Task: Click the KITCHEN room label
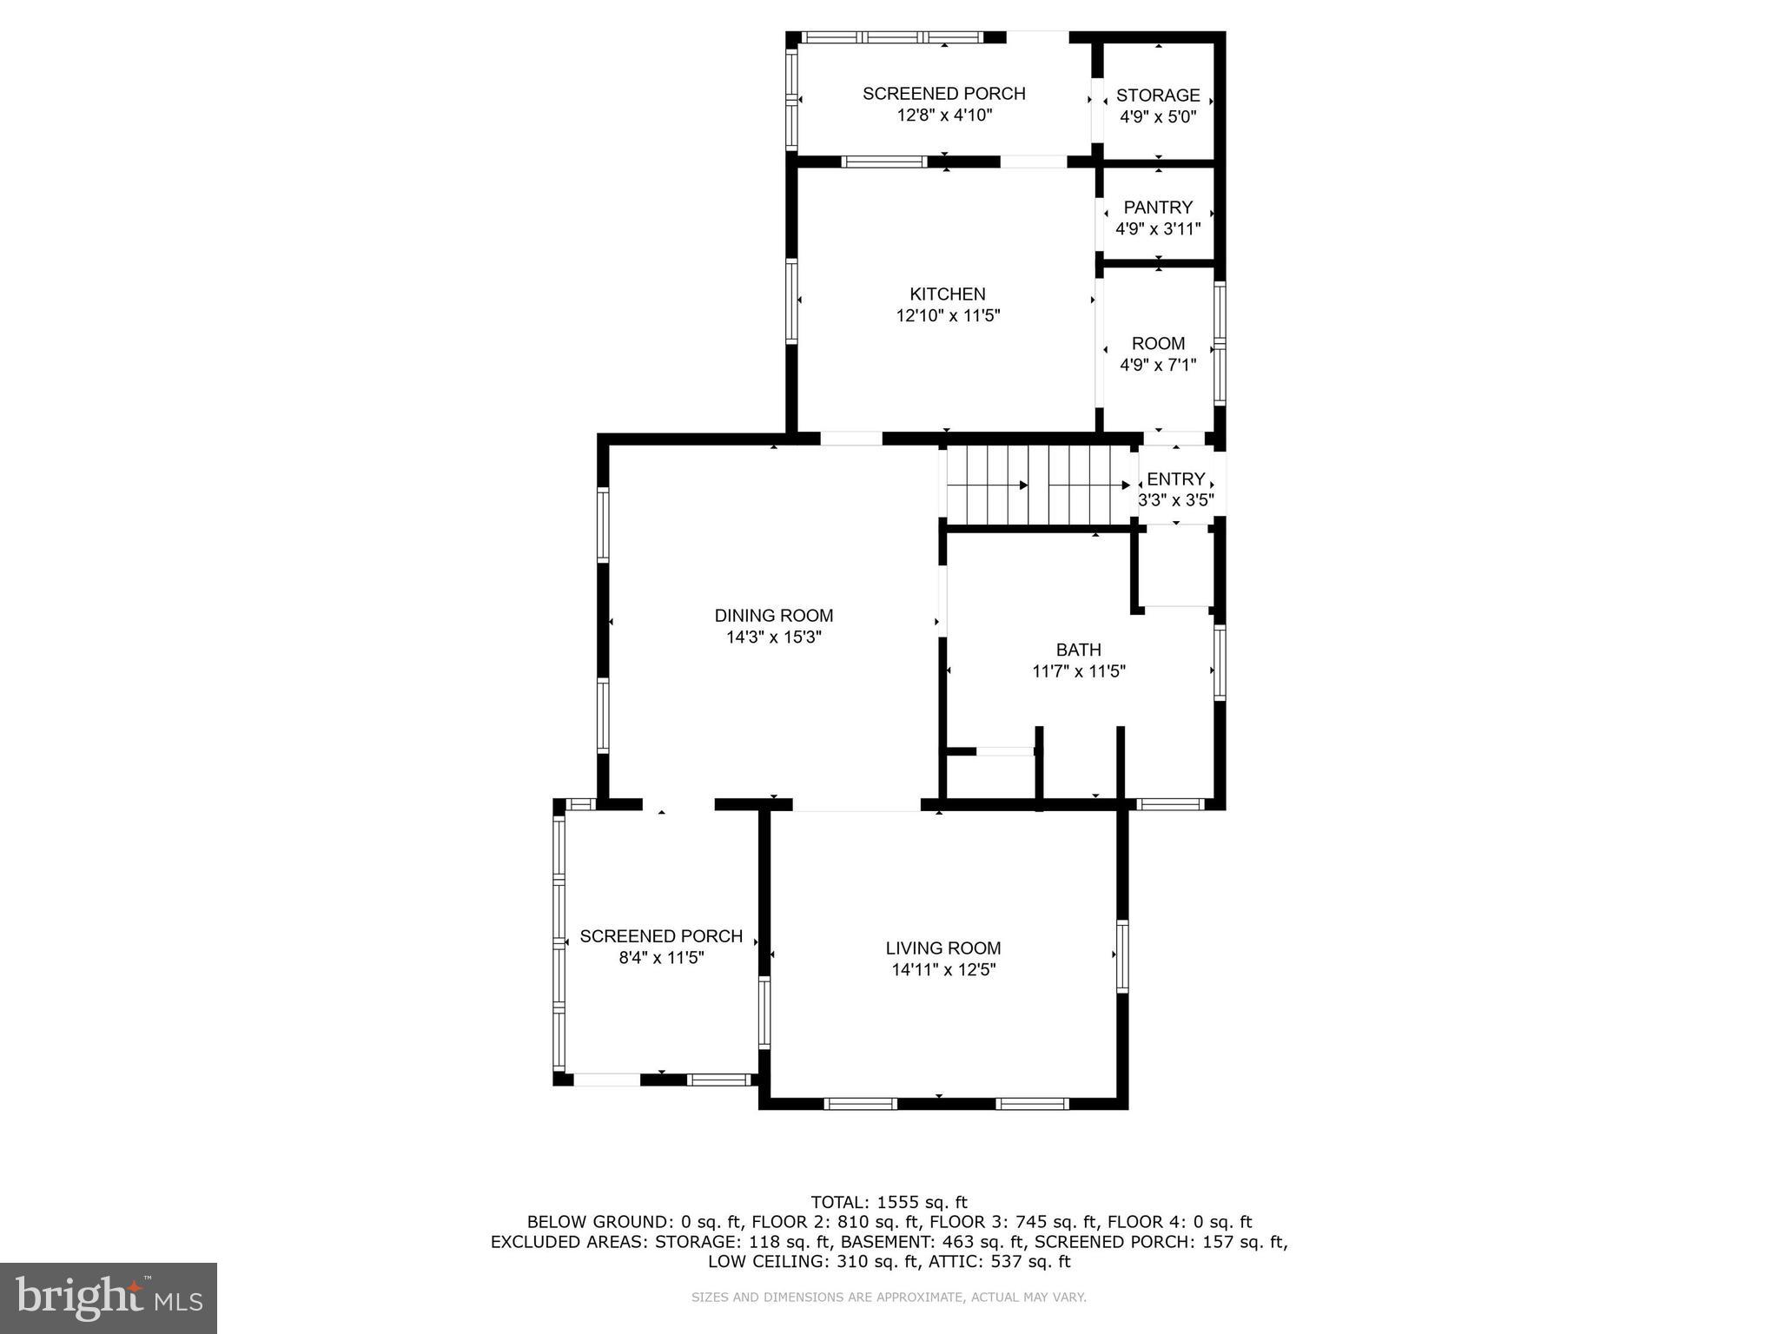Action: [x=948, y=294]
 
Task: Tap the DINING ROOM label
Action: [x=774, y=616]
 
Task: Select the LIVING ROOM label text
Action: [x=943, y=948]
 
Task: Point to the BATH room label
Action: [x=1078, y=650]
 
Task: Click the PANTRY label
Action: [x=1158, y=208]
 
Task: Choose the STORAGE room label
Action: [x=1158, y=96]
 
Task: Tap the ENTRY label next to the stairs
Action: [x=1175, y=479]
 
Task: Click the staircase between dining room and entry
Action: [x=1038, y=485]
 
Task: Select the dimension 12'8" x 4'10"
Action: [x=944, y=116]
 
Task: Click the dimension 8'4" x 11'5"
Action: [x=661, y=958]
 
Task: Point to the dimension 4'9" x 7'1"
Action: [x=1158, y=366]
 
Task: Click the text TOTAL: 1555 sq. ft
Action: [x=889, y=1202]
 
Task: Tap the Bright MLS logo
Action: [x=109, y=1298]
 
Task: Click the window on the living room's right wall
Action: [x=1121, y=956]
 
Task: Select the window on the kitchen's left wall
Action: [x=791, y=300]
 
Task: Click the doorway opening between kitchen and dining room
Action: [x=851, y=439]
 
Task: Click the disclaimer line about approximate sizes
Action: [x=889, y=1298]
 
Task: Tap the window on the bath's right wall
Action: [x=1219, y=663]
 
